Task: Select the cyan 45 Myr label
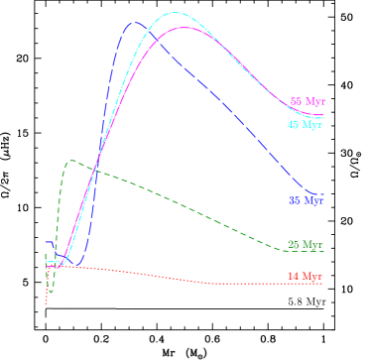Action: click(x=305, y=125)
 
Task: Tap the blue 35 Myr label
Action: click(x=306, y=200)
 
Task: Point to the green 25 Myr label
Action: click(x=305, y=245)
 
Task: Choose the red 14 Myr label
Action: click(x=305, y=277)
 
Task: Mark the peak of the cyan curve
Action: click(x=177, y=13)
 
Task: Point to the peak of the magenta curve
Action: click(x=185, y=28)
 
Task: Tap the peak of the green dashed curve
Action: click(x=70, y=160)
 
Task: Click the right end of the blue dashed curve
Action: click(x=323, y=194)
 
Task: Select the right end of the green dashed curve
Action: click(x=323, y=251)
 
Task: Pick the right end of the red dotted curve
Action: click(x=323, y=285)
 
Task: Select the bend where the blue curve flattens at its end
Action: click(x=313, y=191)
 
